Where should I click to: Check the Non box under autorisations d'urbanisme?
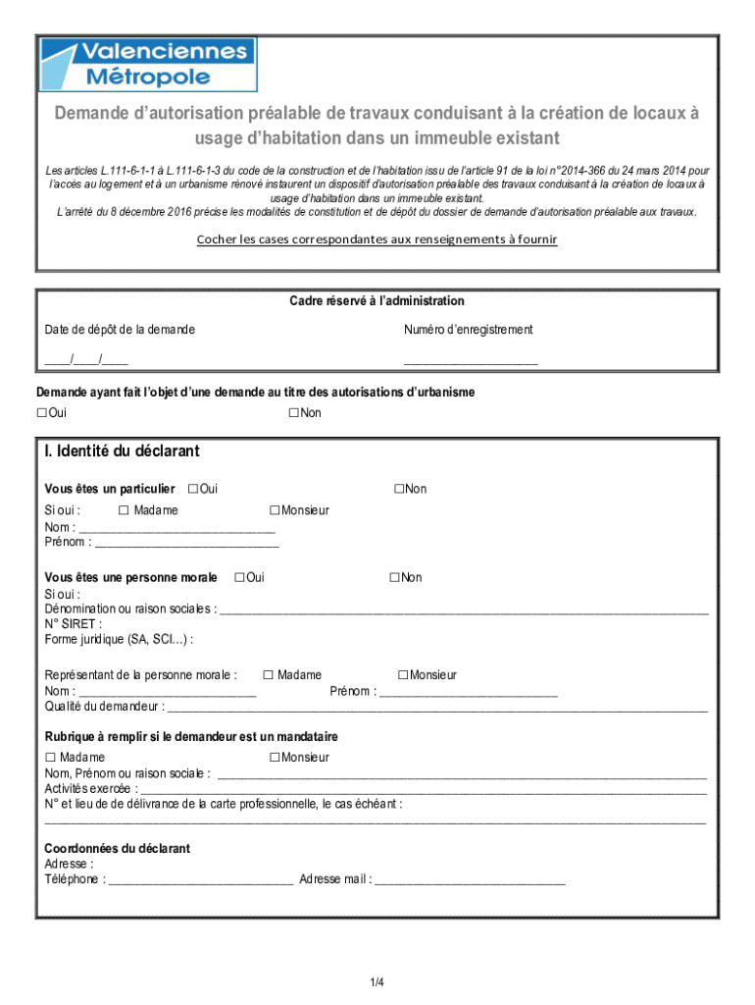tap(293, 413)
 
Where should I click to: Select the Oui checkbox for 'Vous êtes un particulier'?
tap(192, 489)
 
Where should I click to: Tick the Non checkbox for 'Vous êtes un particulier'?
tap(399, 489)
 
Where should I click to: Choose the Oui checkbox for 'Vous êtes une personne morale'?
tap(239, 577)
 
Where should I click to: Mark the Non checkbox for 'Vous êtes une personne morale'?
tap(394, 577)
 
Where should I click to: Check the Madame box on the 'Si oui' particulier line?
tap(124, 510)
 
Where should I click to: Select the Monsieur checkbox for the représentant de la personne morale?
tap(403, 675)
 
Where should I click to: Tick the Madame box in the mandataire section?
tap(50, 758)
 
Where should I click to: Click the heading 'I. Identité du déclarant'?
tap(122, 451)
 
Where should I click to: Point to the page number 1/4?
tap(377, 982)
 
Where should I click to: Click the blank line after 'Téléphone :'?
tap(200, 881)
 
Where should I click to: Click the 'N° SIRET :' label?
tap(74, 623)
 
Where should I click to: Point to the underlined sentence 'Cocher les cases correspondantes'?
tap(377, 239)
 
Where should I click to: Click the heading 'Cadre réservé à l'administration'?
tap(377, 301)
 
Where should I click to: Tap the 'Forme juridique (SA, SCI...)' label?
tap(119, 640)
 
